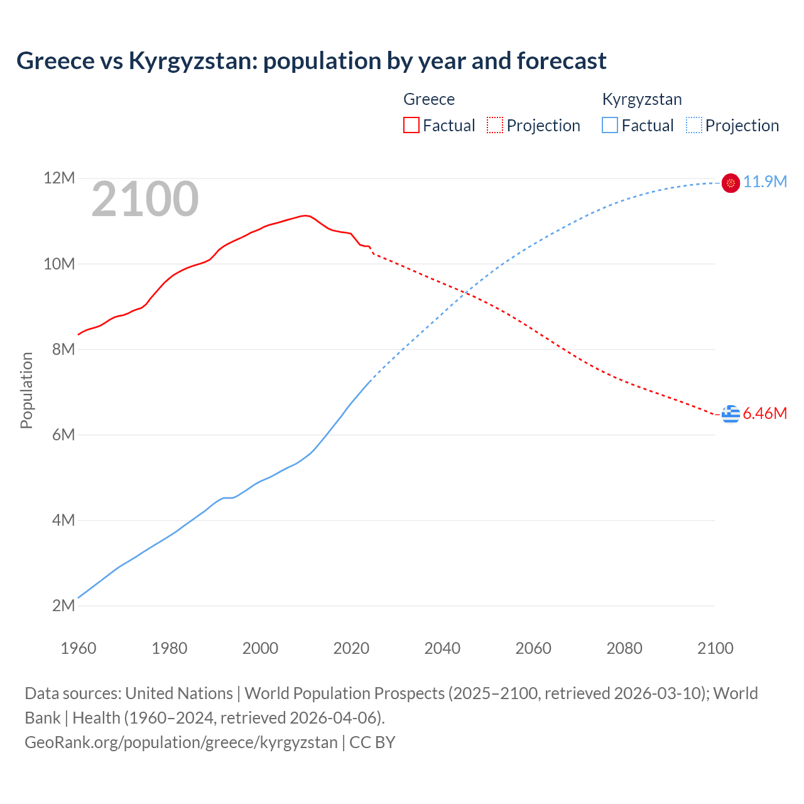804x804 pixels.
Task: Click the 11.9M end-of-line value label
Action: (764, 182)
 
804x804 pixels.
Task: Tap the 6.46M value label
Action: (764, 414)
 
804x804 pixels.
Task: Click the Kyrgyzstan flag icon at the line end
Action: (731, 183)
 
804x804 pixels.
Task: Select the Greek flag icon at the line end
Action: (731, 414)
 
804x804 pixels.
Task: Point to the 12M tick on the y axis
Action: (59, 178)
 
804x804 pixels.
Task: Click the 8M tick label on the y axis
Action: (63, 349)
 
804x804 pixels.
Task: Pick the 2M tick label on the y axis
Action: (63, 606)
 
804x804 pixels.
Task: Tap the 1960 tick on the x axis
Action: (79, 648)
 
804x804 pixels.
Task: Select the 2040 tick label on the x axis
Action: (442, 648)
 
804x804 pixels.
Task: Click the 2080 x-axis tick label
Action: (624, 648)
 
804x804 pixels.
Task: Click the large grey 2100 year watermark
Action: (145, 199)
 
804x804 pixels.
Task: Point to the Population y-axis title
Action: (26, 390)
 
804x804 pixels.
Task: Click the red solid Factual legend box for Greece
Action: (411, 126)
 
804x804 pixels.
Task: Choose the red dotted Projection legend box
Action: (495, 126)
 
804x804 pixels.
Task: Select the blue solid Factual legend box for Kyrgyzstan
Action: (610, 126)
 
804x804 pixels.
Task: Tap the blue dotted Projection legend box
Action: (693, 126)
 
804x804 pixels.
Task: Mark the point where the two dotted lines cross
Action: (465, 293)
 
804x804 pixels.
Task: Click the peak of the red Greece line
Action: (305, 215)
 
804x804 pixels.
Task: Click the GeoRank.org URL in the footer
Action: (181, 742)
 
